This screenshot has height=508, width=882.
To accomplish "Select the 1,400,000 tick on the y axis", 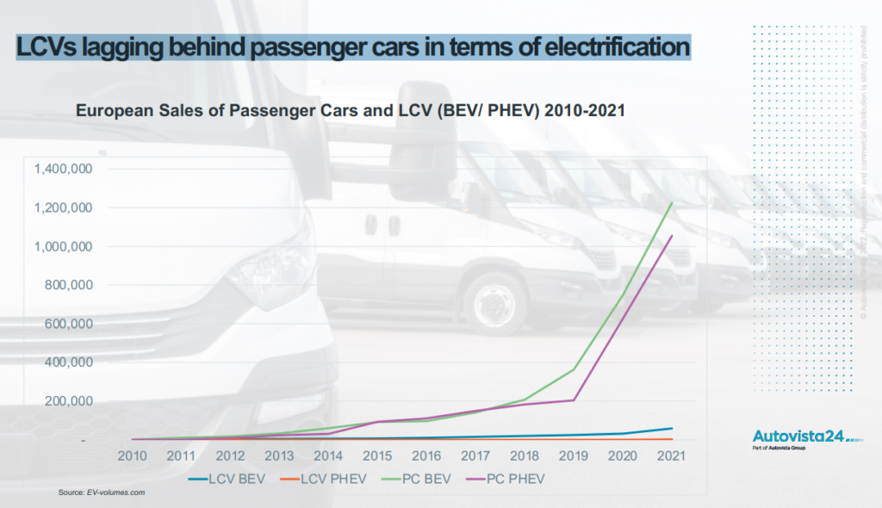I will click(x=64, y=169).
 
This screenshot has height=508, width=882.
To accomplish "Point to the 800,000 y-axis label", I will click(x=69, y=285).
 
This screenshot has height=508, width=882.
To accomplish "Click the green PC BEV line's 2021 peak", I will click(x=671, y=203).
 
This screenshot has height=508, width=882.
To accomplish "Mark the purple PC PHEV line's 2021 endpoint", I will click(x=671, y=235).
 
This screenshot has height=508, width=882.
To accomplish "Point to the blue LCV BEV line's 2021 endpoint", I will click(x=671, y=428).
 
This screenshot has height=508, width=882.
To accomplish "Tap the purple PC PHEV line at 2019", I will click(x=573, y=400).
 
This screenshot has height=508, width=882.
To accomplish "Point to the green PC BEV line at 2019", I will click(x=573, y=369).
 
